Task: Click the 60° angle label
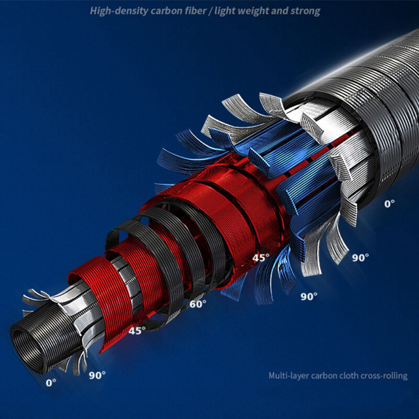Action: [198, 304]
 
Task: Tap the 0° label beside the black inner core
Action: [51, 383]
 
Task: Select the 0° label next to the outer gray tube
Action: [389, 204]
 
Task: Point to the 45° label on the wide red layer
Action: [261, 258]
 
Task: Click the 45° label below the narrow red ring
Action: [137, 331]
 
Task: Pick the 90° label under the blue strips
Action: [309, 296]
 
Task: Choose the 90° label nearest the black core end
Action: [97, 375]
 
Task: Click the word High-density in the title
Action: [119, 11]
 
